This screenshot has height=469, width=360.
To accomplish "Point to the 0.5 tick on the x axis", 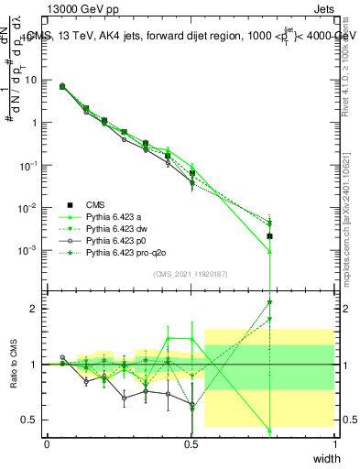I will pyautogui.click(x=191, y=444).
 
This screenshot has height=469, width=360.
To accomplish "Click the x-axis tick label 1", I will pyautogui.click(x=334, y=444).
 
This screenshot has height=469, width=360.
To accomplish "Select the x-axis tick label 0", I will pyautogui.click(x=47, y=444).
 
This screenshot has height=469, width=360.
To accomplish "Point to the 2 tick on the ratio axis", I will pyautogui.click(x=36, y=309).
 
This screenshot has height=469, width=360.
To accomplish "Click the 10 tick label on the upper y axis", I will pyautogui.click(x=30, y=80).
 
